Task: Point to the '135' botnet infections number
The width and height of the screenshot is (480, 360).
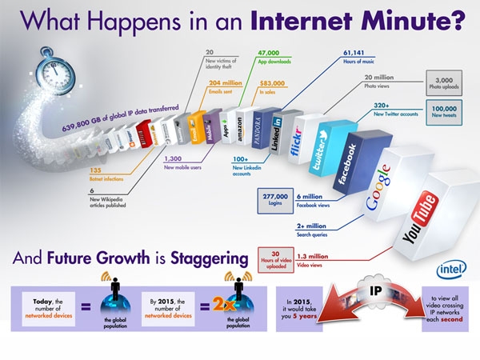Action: (94, 170)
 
